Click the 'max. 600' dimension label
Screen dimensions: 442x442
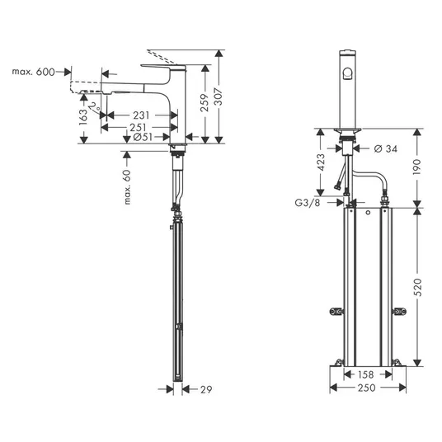33,72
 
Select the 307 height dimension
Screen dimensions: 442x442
218,97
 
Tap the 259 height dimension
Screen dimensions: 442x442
205,102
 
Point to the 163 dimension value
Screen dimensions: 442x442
83,117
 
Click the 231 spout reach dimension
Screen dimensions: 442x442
141,115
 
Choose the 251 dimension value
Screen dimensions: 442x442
139,128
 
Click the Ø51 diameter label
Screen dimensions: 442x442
143,137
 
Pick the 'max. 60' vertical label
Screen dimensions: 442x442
127,186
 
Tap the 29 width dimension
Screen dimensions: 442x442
206,389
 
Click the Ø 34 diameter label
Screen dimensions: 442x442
386,148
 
